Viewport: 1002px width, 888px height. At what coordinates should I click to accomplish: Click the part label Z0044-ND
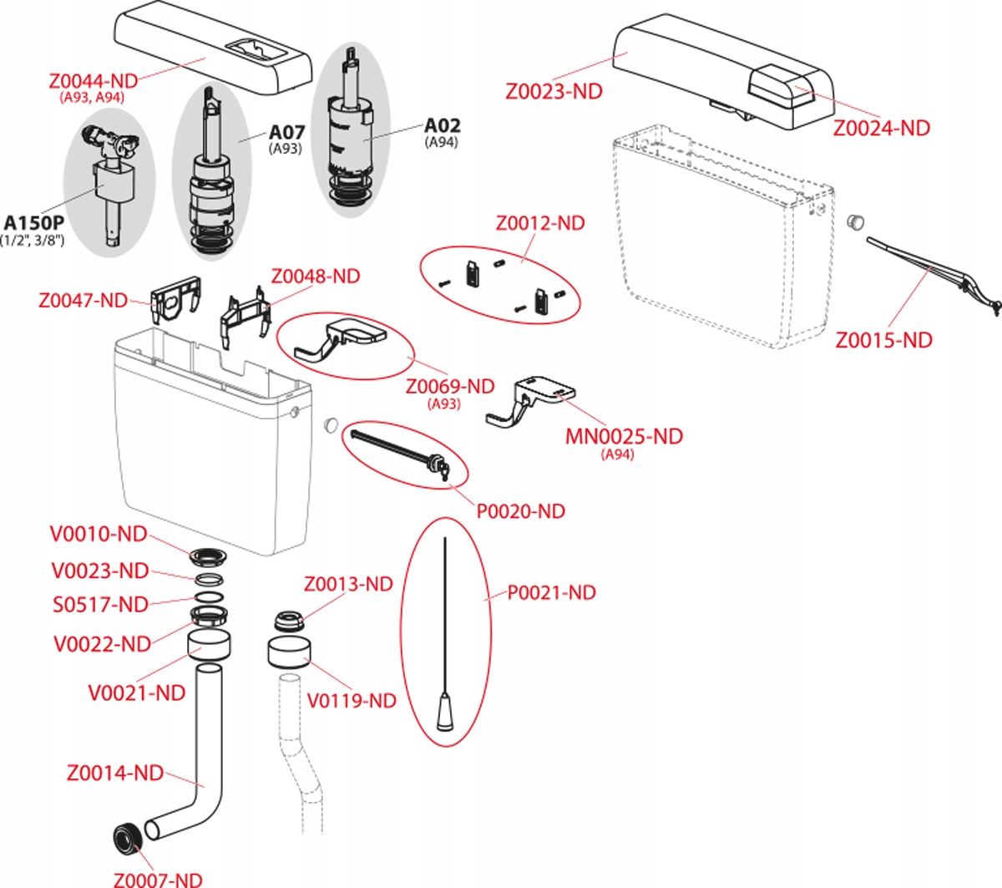(x=94, y=81)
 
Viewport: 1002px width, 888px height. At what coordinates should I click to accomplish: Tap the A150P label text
(x=33, y=223)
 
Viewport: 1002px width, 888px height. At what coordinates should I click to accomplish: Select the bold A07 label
(x=287, y=133)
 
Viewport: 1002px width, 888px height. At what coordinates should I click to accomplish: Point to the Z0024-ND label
(x=882, y=128)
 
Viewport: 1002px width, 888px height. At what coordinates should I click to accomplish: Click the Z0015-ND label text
(x=883, y=340)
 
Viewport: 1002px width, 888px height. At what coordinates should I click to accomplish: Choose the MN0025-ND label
(x=624, y=436)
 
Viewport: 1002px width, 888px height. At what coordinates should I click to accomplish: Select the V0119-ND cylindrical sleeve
(x=289, y=652)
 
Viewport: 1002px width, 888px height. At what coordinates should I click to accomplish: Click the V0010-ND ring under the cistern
(x=209, y=556)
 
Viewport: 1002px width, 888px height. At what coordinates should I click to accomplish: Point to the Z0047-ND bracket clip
(x=176, y=298)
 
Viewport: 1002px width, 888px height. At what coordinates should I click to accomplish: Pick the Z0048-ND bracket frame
(x=245, y=317)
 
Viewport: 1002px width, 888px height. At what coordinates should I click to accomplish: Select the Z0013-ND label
(x=348, y=584)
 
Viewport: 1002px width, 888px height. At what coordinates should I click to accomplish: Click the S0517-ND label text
(x=100, y=605)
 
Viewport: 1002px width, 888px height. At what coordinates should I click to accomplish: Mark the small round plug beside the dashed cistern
(x=856, y=222)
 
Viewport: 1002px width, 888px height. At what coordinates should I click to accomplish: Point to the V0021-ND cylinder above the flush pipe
(x=209, y=646)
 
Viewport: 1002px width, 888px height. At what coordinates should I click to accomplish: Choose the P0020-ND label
(x=521, y=511)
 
